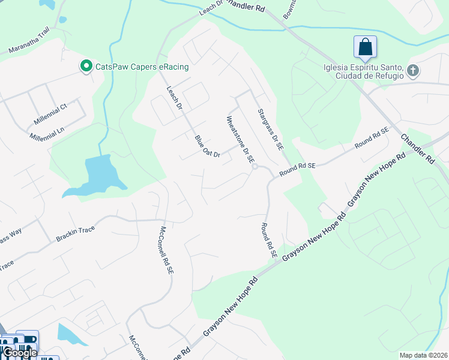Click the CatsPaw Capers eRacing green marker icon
click(85, 66)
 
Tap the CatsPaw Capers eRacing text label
click(140, 67)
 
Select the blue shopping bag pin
click(364, 47)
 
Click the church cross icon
click(412, 71)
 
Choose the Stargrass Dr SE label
click(270, 129)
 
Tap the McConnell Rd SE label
click(166, 251)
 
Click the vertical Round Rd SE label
click(268, 240)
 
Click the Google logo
click(20, 352)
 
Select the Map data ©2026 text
click(423, 355)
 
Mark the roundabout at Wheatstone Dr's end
click(255, 167)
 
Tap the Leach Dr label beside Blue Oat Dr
click(174, 97)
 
